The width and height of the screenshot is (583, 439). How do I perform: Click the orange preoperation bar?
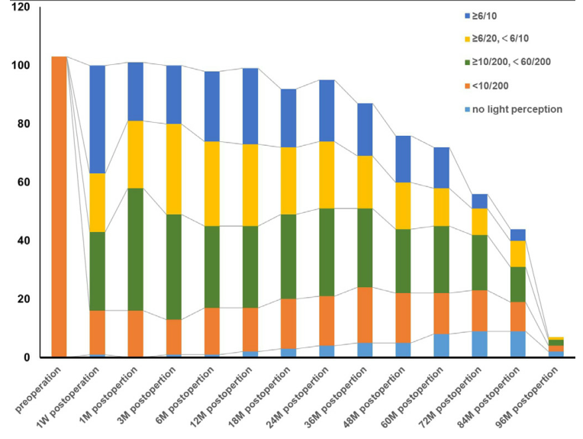tap(59, 206)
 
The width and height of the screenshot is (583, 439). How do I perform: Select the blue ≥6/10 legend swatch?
tap(465, 16)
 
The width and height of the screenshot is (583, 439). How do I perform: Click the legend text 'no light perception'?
tap(517, 109)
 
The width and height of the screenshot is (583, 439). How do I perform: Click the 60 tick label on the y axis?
tap(24, 182)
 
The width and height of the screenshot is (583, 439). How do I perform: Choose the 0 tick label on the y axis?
tap(27, 357)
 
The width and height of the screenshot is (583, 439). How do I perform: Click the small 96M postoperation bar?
tap(556, 348)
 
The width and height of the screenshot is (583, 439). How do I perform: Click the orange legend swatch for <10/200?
tap(465, 85)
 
